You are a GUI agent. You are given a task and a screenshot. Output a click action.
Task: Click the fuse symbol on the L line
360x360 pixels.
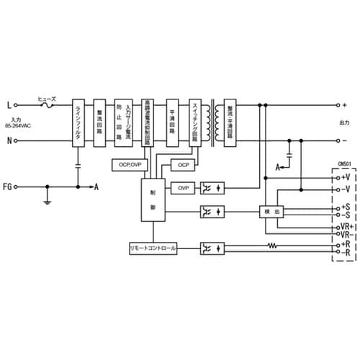click(x=49, y=106)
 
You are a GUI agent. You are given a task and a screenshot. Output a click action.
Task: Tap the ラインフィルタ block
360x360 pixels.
click(x=78, y=122)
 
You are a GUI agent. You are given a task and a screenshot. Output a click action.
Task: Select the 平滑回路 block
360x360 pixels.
click(x=172, y=122)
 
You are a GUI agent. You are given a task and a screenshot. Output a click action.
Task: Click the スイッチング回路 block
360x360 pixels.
click(x=194, y=122)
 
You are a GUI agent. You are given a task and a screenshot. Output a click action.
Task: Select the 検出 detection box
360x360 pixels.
click(x=270, y=212)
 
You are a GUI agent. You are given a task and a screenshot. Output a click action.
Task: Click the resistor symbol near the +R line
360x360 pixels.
click(x=272, y=246)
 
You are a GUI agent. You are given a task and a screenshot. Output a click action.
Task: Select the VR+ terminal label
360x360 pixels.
click(x=345, y=227)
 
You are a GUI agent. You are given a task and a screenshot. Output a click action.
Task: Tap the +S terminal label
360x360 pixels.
click(x=344, y=207)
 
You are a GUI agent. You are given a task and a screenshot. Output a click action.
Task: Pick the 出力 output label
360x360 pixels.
click(x=343, y=122)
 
